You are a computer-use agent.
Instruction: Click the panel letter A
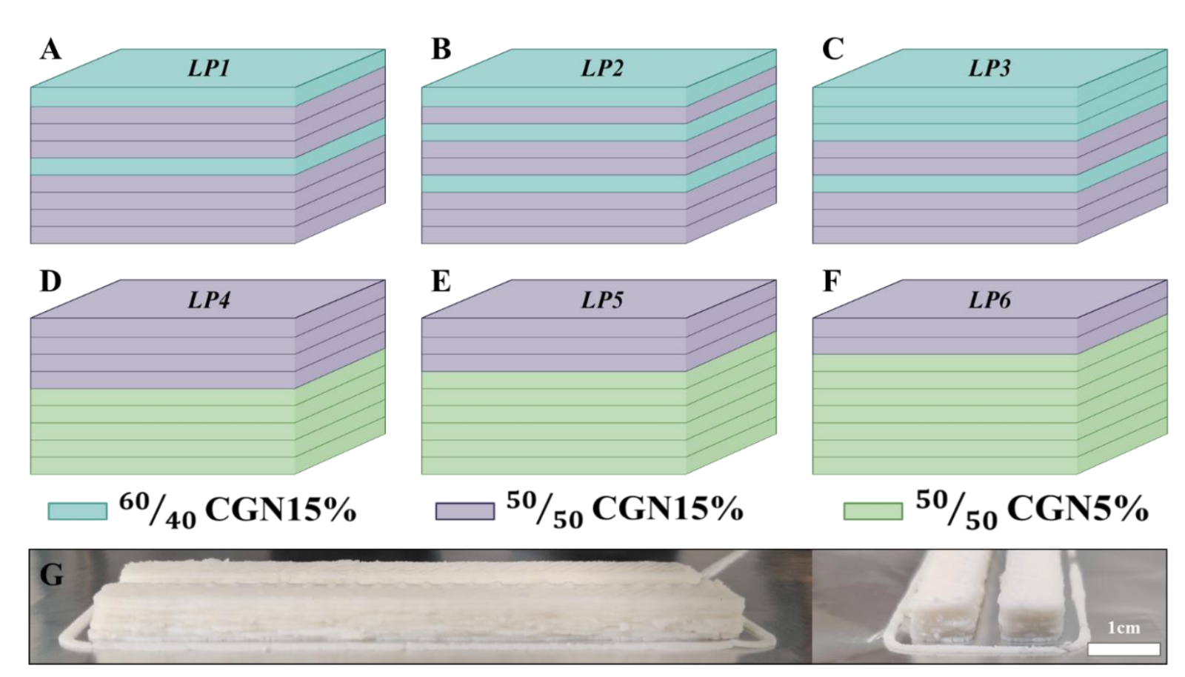click(50, 50)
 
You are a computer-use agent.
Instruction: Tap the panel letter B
click(441, 50)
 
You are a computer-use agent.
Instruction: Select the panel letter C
click(832, 50)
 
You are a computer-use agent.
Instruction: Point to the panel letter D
click(50, 281)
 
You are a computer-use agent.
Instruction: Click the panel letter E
click(441, 281)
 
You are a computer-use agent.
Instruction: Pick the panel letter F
click(832, 281)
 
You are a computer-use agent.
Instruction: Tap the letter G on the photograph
click(51, 575)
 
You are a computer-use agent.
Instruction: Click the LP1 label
click(208, 69)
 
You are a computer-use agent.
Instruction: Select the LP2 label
click(601, 69)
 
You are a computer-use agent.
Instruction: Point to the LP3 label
click(989, 69)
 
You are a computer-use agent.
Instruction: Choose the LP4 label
click(208, 300)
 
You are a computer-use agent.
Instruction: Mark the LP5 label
click(601, 300)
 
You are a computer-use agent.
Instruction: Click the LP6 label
click(989, 300)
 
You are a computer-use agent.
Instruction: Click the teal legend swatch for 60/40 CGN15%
click(77, 511)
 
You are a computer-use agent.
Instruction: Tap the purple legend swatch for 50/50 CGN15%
click(464, 511)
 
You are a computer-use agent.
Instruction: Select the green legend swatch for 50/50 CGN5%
click(872, 511)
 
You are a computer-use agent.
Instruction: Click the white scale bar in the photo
click(1123, 650)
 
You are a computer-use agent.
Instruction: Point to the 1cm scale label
click(1123, 628)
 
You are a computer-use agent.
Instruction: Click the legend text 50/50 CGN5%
click(1032, 509)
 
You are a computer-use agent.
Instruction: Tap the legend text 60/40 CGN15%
click(237, 509)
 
